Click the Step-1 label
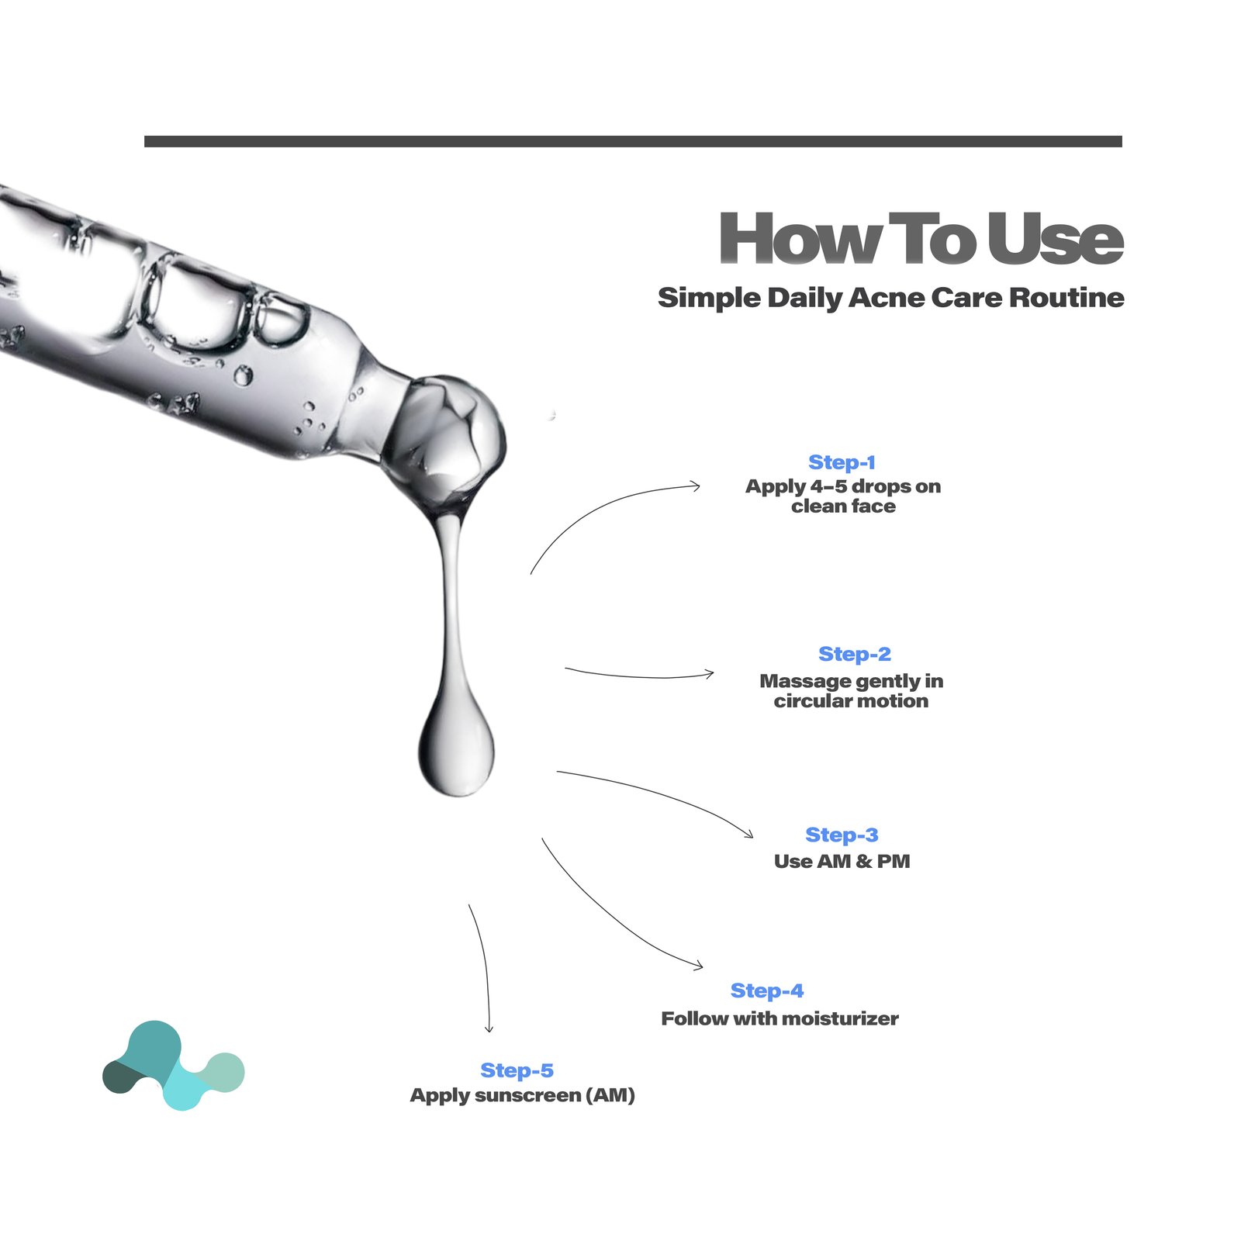click(x=842, y=462)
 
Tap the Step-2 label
click(x=855, y=655)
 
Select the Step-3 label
click(x=842, y=835)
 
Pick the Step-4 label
click(x=767, y=991)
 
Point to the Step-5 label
click(x=517, y=1071)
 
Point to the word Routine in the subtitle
click(x=1067, y=298)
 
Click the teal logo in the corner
click(x=174, y=1065)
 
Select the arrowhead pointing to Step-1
click(x=696, y=486)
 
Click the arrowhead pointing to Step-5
click(x=489, y=1028)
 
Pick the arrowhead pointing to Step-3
click(x=748, y=834)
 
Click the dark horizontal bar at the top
click(x=633, y=141)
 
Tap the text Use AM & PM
click(x=842, y=861)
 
